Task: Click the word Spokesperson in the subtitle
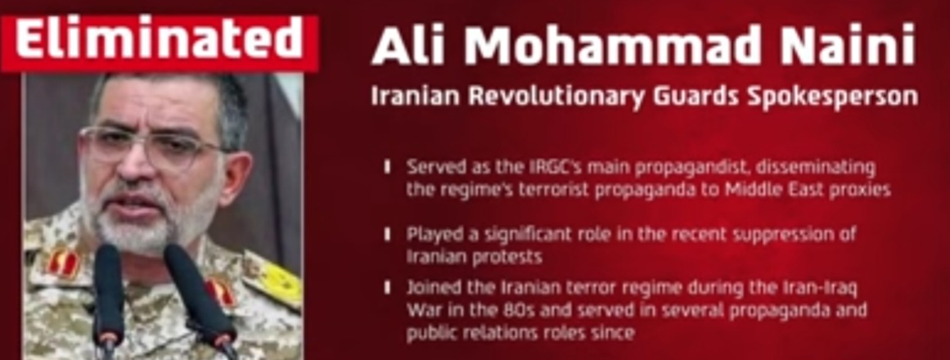click(833, 98)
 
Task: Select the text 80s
click(495, 310)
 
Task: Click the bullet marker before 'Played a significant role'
click(387, 235)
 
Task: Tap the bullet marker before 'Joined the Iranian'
click(387, 287)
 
